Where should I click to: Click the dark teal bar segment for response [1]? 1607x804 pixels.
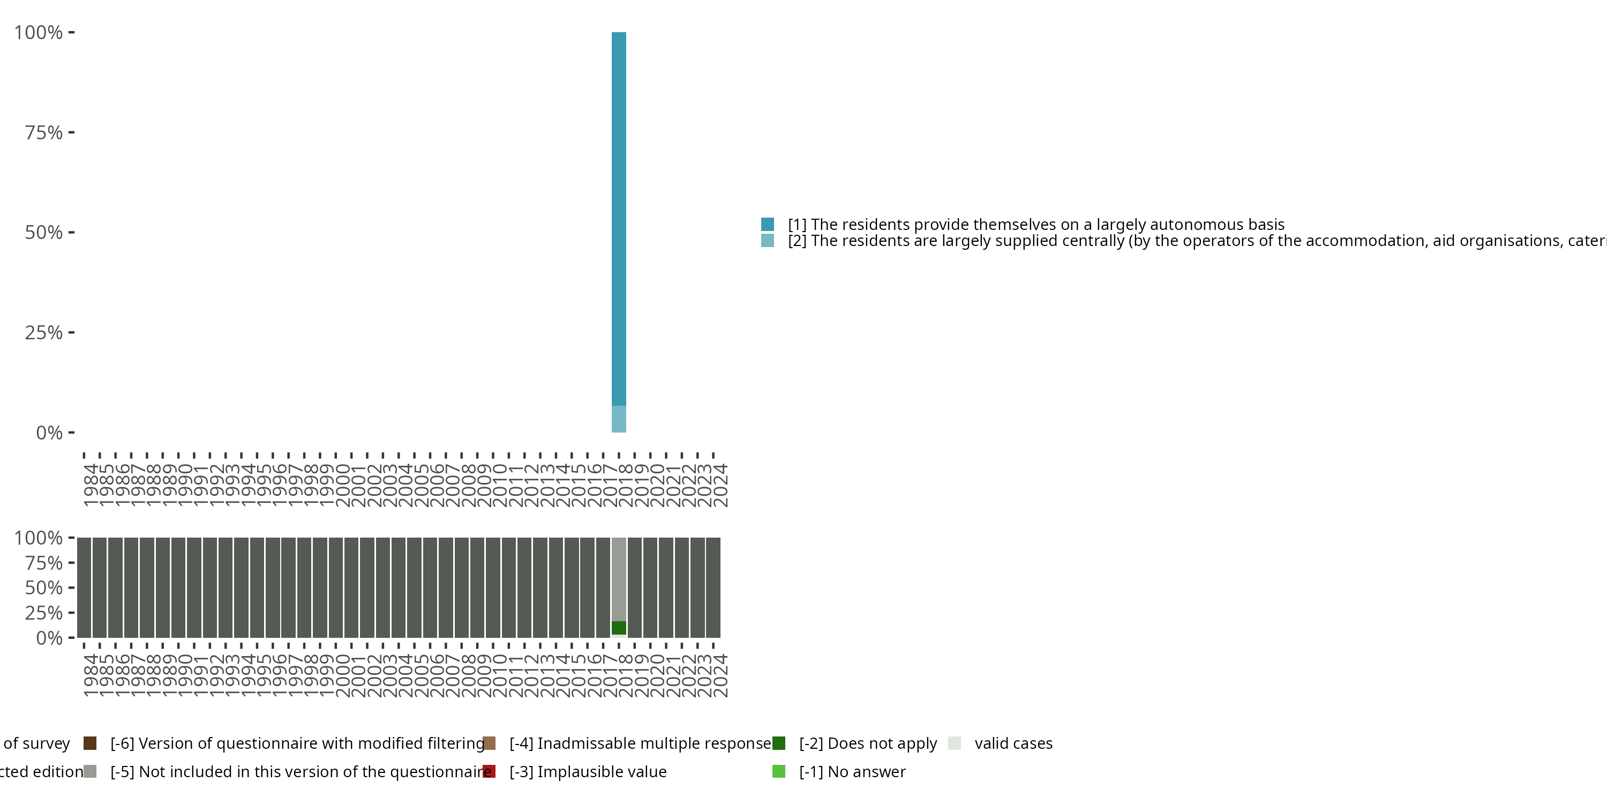coord(618,219)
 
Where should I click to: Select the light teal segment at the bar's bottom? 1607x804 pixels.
coord(618,419)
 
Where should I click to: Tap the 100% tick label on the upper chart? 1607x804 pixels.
coord(39,33)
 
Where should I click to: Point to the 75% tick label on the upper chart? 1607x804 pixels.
coord(44,132)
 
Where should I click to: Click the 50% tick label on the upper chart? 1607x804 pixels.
coord(44,232)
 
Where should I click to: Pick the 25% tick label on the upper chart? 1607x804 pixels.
coord(44,332)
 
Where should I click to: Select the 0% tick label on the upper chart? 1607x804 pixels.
coord(49,432)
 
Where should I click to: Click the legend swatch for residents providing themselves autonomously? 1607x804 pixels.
coord(767,224)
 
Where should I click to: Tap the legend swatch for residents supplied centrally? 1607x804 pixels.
coord(767,240)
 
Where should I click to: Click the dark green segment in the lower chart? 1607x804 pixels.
coord(618,628)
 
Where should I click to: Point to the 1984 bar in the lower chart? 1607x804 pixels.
coord(84,587)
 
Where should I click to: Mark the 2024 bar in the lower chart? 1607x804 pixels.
coord(714,587)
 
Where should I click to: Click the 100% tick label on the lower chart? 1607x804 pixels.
coord(39,538)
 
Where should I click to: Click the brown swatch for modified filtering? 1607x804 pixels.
coord(90,743)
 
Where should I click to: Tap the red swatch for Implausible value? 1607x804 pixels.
coord(489,771)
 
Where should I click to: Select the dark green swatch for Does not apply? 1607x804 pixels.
coord(778,743)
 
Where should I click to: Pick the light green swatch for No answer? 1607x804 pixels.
coord(778,771)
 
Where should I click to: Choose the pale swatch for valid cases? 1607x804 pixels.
coord(955,743)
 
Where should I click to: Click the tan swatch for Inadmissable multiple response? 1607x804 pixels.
coord(489,743)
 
